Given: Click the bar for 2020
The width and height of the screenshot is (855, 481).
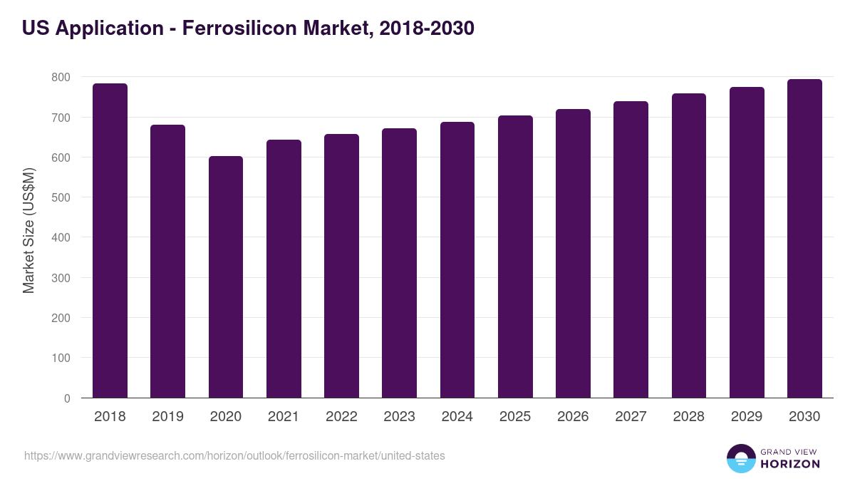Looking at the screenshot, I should tap(226, 277).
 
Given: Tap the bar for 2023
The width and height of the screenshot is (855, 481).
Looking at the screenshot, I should tap(399, 263).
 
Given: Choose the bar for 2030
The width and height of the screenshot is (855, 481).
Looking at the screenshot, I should tap(804, 239).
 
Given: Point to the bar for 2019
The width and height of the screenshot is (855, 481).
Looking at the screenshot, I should tap(167, 262).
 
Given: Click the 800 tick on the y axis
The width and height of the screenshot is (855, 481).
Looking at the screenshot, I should tap(61, 77).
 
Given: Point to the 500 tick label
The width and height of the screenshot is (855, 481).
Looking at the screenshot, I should tap(61, 197).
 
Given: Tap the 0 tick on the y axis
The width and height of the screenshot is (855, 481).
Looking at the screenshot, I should tap(67, 398).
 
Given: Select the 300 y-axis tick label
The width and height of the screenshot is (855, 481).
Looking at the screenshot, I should tap(61, 278).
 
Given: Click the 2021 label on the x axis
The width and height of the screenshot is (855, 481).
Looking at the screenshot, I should tap(284, 417).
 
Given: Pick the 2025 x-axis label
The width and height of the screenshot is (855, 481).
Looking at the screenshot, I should tap(515, 417).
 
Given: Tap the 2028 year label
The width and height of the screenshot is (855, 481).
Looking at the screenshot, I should tap(689, 417).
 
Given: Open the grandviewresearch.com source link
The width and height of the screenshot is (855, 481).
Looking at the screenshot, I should tap(234, 455).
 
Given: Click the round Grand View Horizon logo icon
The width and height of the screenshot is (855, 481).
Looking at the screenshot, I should tap(740, 458).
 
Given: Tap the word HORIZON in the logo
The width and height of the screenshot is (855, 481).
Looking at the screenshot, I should tap(789, 464).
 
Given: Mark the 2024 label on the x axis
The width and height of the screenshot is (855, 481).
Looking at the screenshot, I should tap(457, 417).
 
